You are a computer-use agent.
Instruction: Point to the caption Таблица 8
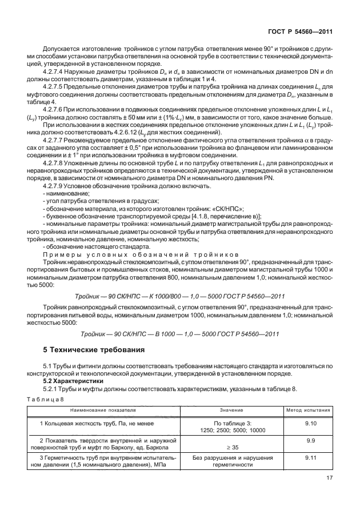46,399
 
